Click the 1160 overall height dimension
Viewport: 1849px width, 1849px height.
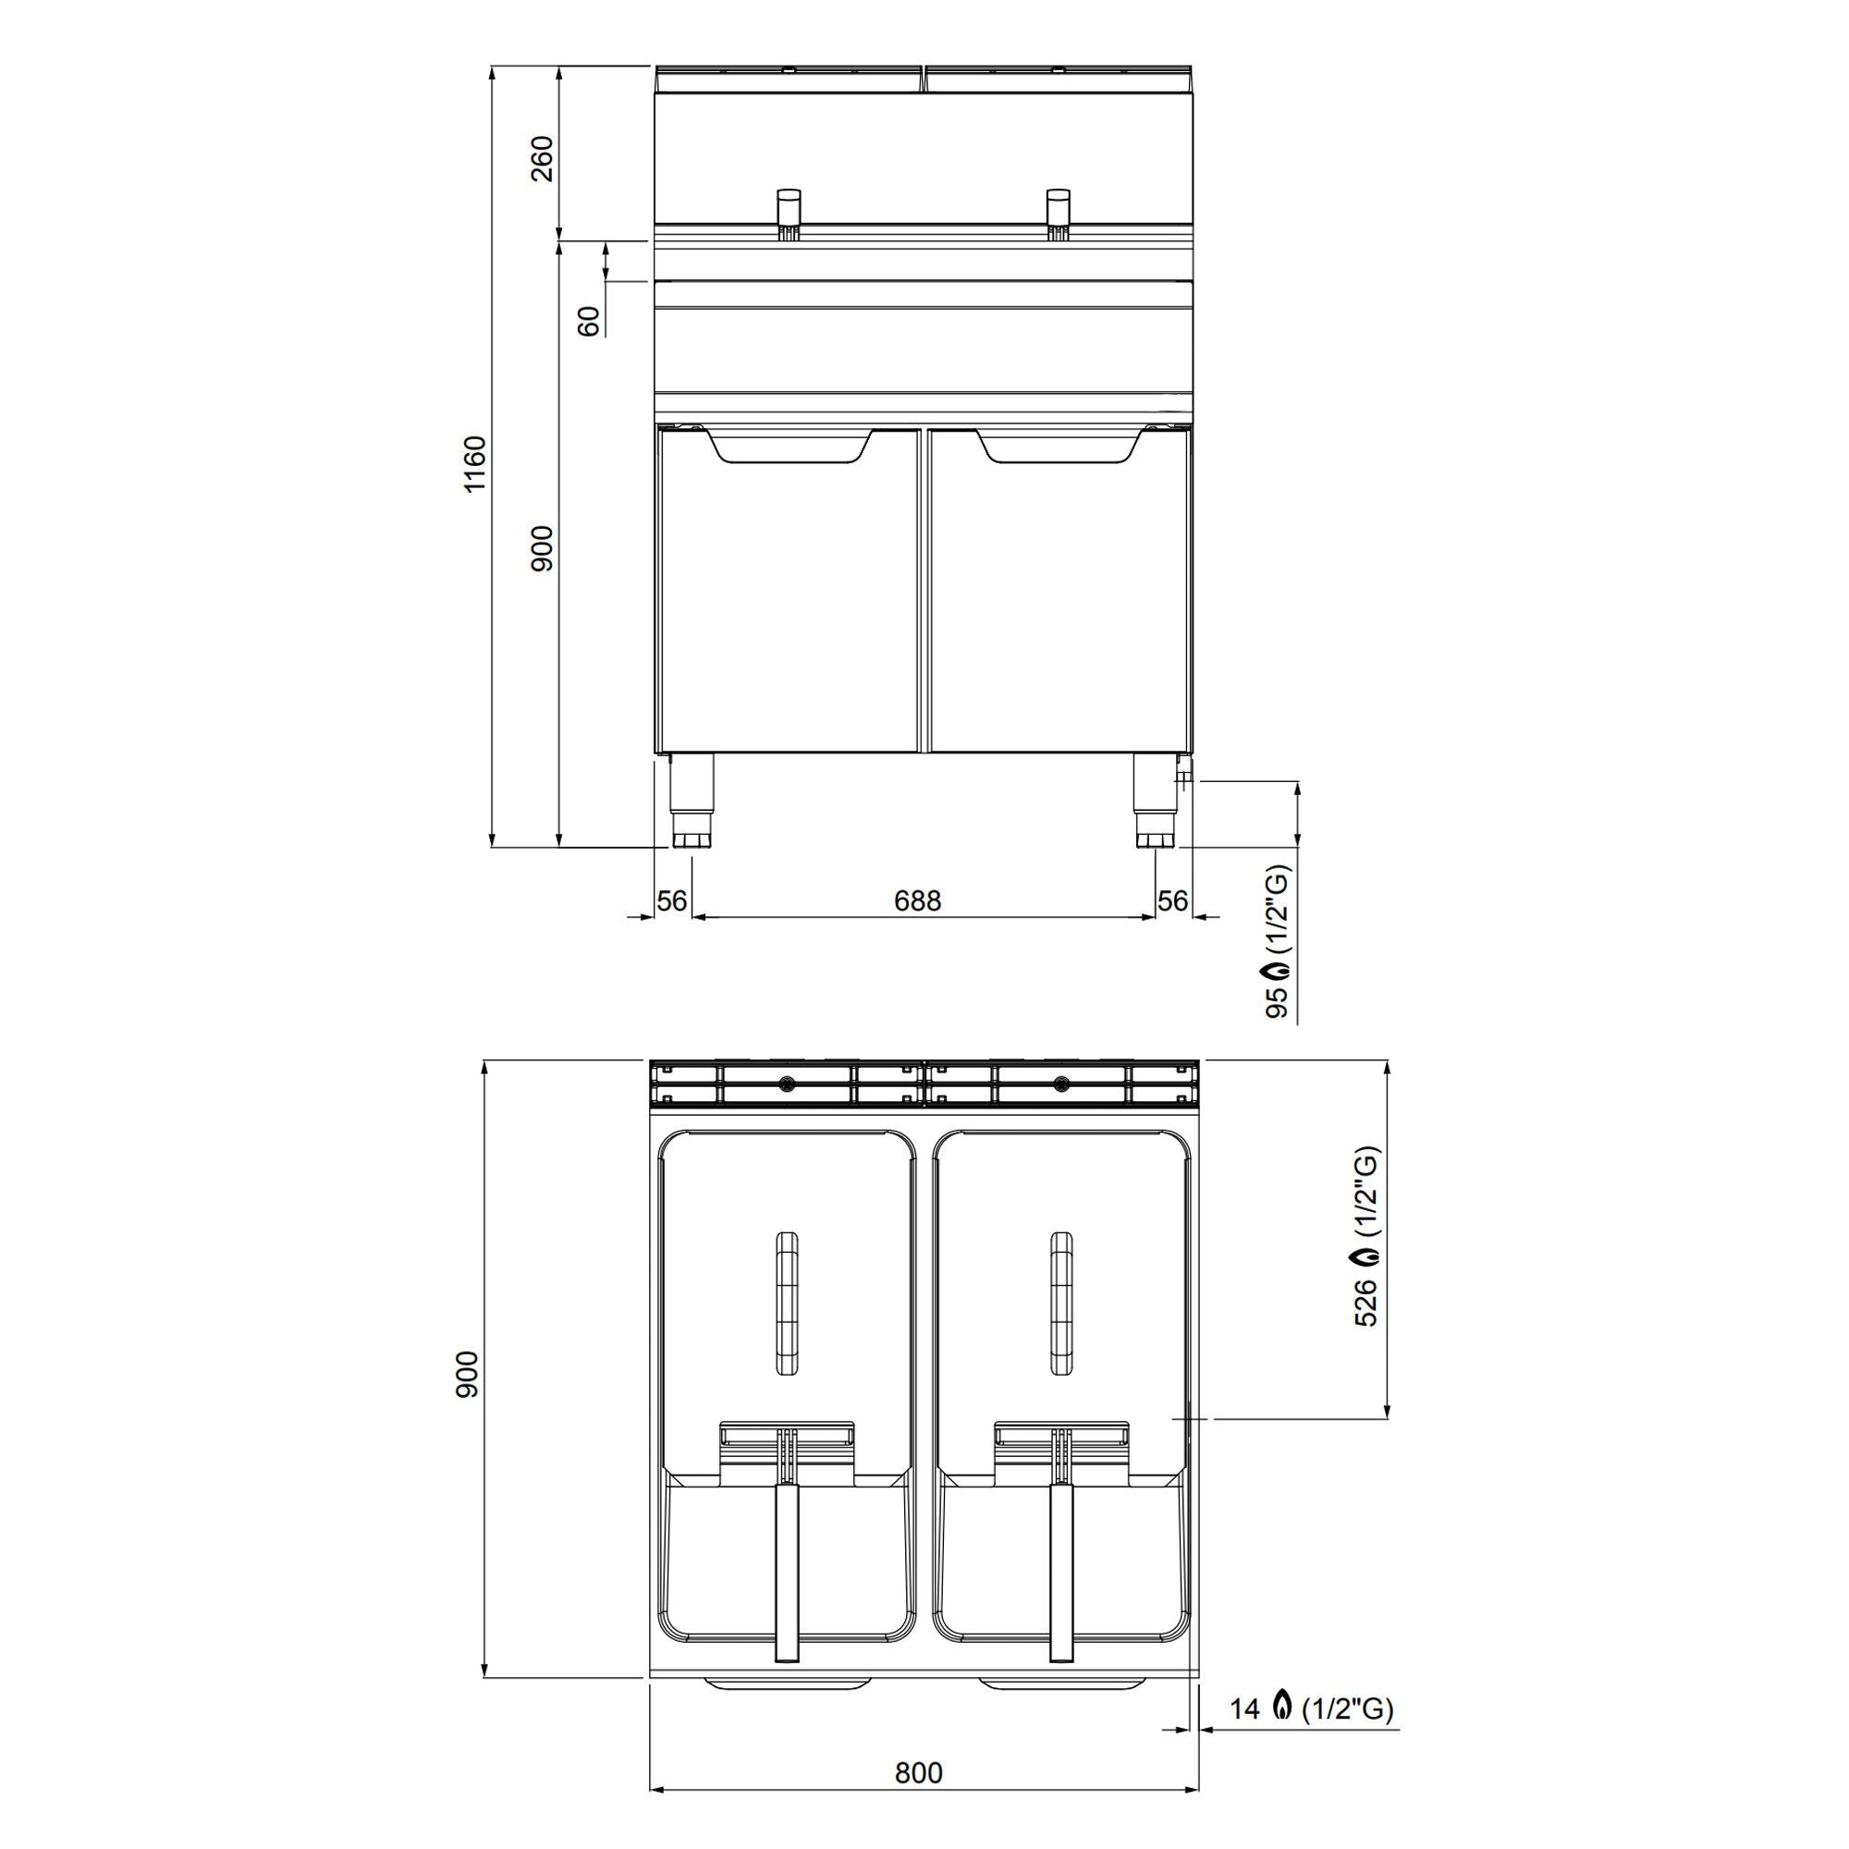point(474,464)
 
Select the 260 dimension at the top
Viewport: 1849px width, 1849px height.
point(542,159)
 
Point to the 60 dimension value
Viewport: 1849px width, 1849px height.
point(590,321)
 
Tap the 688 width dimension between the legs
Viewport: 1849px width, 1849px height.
point(917,900)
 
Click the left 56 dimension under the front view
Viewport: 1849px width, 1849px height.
point(672,900)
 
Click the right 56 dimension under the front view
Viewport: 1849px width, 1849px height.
point(1172,900)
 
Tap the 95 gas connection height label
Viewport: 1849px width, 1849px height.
point(1279,1001)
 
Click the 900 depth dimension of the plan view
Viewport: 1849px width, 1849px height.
point(466,1375)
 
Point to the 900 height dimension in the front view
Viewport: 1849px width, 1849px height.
point(542,548)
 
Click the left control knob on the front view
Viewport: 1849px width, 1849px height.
point(788,206)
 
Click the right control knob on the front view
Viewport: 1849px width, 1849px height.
point(1059,206)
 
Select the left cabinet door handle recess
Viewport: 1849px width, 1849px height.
point(789,447)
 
